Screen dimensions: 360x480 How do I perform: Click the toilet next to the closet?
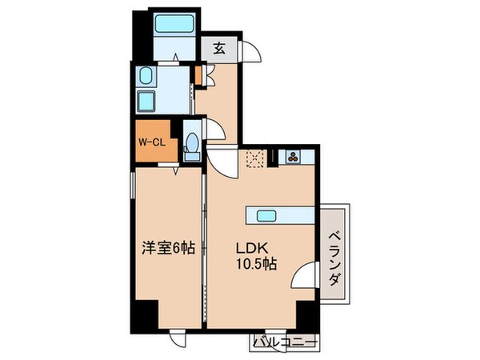pos(192,145)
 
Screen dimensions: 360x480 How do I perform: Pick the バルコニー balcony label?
pos(285,342)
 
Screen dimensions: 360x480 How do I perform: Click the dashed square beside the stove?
pos(256,157)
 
